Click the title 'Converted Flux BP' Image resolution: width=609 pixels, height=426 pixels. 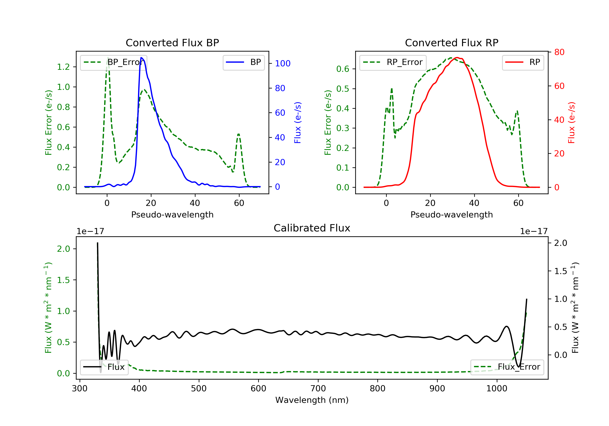[172, 43]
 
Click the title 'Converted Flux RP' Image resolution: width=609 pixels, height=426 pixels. [451, 43]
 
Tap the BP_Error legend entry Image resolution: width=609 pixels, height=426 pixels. [113, 62]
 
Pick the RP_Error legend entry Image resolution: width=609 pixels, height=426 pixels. [393, 62]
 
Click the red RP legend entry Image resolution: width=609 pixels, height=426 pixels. [523, 62]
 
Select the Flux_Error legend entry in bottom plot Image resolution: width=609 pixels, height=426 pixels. [507, 367]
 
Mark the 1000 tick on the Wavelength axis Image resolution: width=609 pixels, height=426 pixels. [497, 389]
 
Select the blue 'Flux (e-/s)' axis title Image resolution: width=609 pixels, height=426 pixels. [298, 123]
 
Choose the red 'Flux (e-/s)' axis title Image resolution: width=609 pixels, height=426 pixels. [571, 123]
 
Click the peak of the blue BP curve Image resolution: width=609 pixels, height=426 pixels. [141, 58]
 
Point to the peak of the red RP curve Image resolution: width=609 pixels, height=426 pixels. [457, 58]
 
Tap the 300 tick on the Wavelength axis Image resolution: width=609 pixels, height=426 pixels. [80, 389]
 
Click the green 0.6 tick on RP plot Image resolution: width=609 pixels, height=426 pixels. [343, 69]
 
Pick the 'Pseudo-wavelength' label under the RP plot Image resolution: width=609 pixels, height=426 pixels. [451, 214]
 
